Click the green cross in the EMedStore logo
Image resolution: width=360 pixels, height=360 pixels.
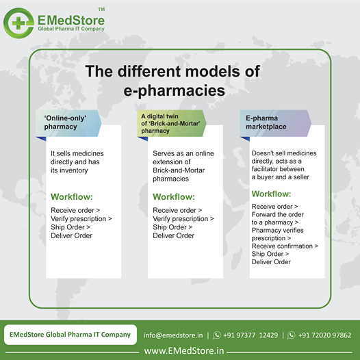coord(18,23)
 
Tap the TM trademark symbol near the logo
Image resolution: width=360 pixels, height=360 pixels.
coord(101,10)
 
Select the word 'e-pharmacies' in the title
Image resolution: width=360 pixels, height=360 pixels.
coord(175,90)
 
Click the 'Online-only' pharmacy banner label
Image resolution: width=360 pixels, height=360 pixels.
coord(65,123)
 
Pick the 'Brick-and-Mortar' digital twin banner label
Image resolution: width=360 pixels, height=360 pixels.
coord(170,123)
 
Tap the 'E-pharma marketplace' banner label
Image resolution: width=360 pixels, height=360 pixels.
coord(266,123)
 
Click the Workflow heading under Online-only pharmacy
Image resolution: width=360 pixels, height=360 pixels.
coord(72,196)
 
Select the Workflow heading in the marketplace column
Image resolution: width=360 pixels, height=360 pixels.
coord(272,194)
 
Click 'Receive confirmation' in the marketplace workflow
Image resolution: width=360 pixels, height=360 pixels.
coord(282,246)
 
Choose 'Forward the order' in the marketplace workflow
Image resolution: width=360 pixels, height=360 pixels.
coord(278,214)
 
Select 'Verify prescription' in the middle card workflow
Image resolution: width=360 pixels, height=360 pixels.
coord(181,219)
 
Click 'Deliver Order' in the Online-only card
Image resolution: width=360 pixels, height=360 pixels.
coord(71,235)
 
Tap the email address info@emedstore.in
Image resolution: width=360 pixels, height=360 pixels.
coord(173,335)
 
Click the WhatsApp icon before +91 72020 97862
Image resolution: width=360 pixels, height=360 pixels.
coord(291,335)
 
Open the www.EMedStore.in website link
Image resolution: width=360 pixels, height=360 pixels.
coord(184,351)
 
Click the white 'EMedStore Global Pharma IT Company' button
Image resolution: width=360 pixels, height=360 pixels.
coord(70,335)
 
